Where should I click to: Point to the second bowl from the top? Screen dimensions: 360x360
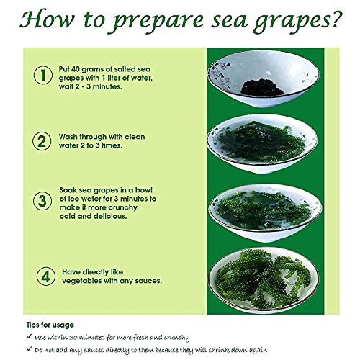click(264, 144)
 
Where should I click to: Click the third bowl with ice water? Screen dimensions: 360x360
click(264, 209)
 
